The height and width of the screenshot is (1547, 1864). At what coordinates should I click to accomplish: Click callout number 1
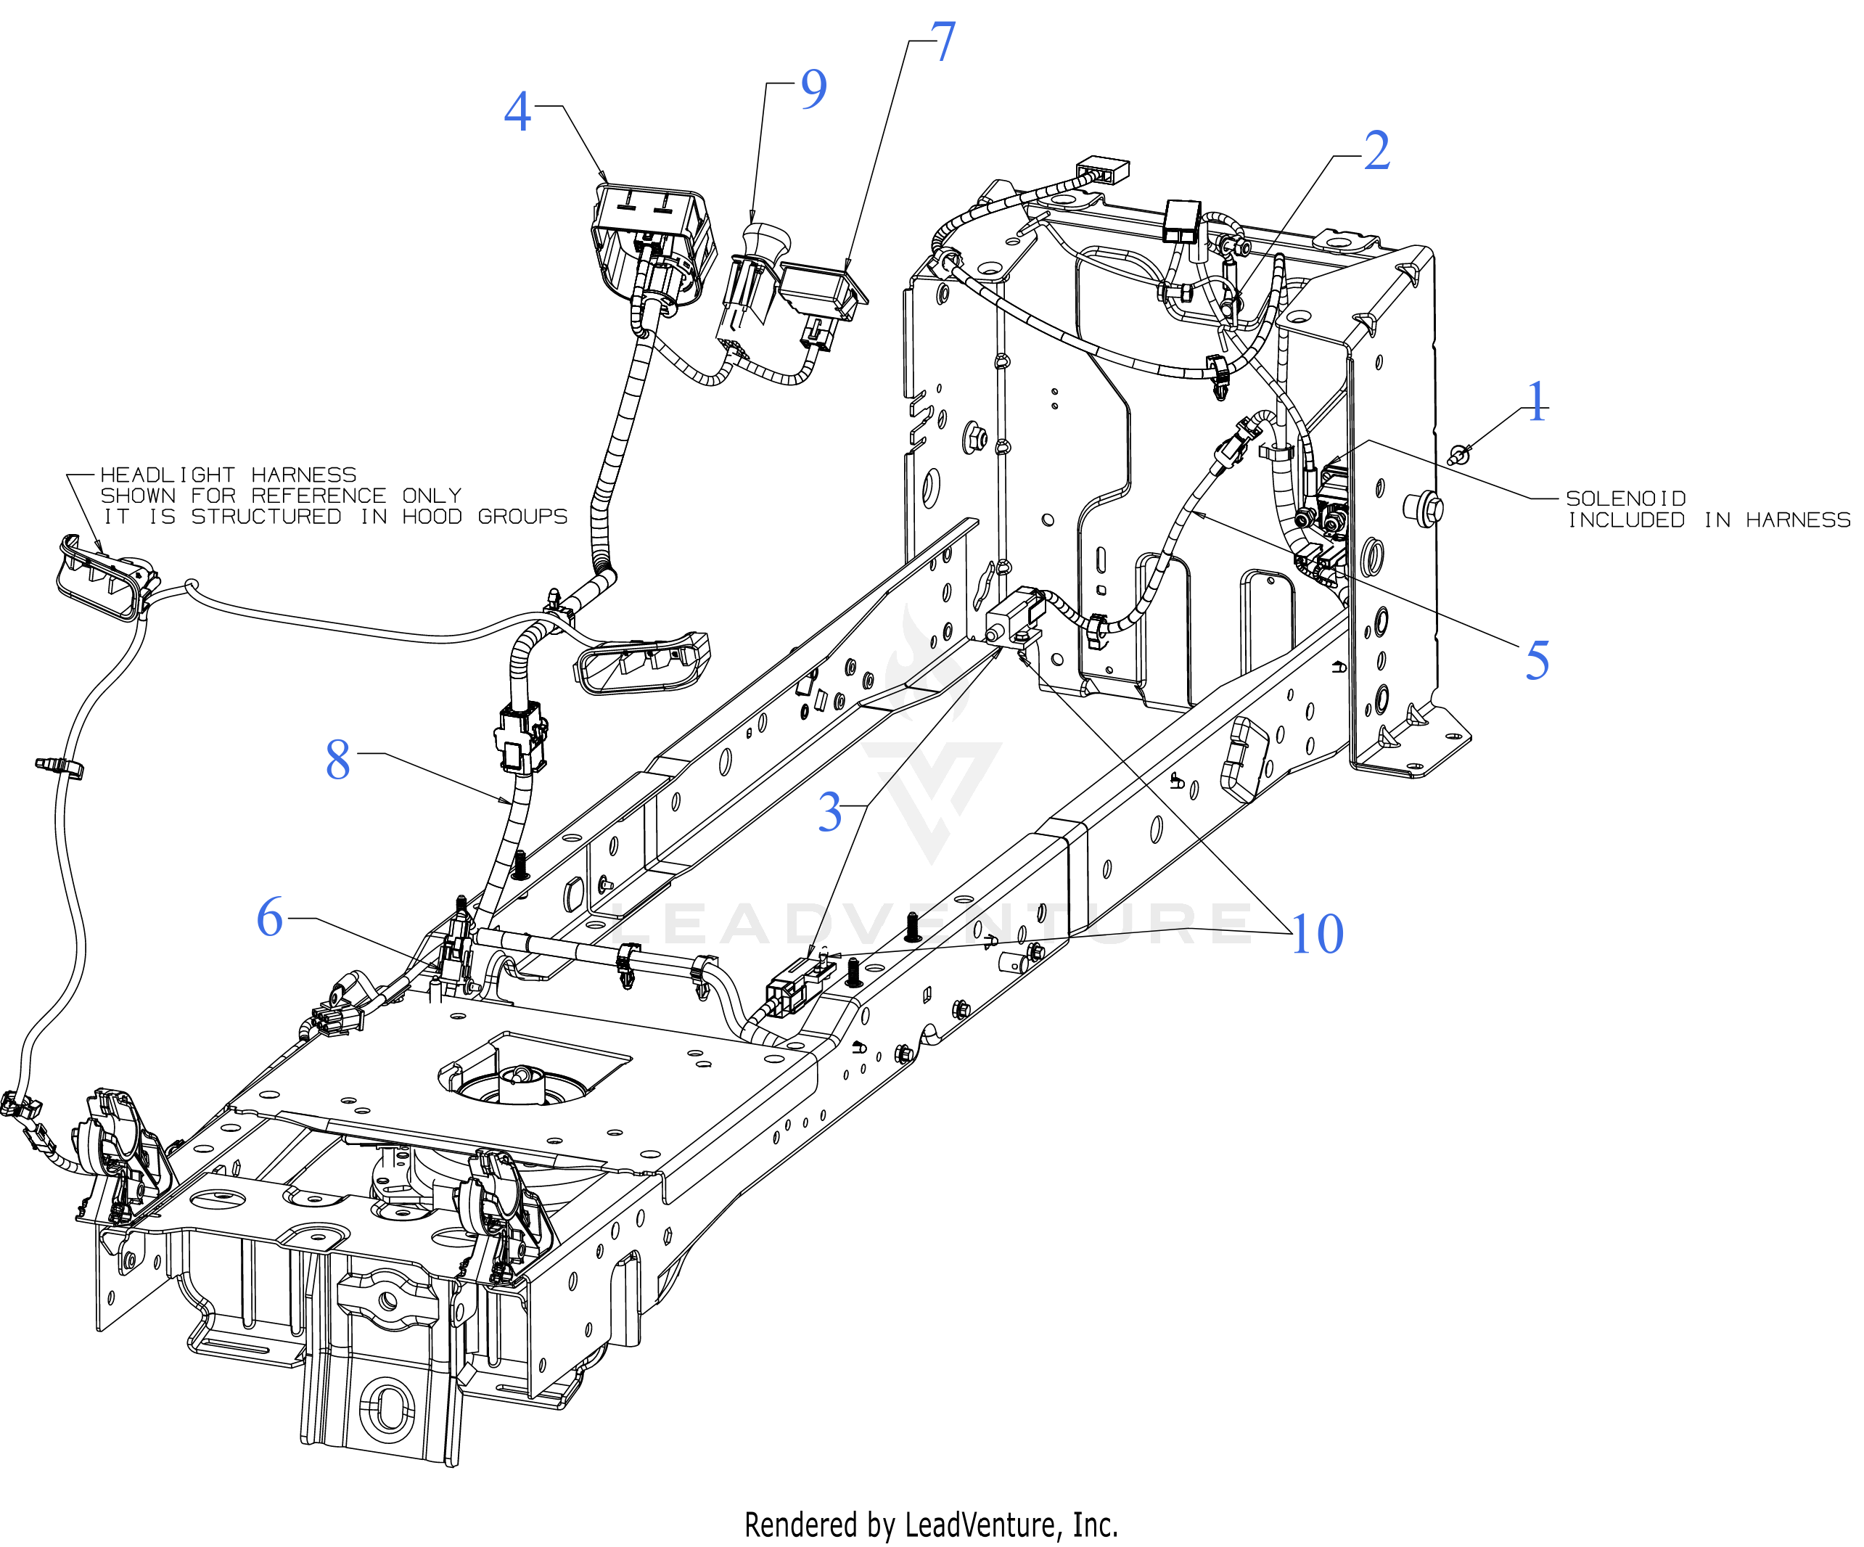tap(1537, 402)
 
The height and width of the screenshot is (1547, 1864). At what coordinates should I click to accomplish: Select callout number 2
tap(1376, 151)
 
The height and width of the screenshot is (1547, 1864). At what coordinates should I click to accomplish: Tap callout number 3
tap(830, 812)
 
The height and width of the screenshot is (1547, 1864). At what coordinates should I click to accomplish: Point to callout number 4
tap(517, 112)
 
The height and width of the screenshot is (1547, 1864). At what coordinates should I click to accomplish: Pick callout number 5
tap(1537, 660)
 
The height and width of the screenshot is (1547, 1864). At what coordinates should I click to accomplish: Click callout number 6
tap(270, 917)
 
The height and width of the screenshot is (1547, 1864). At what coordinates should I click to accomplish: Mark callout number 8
tap(338, 760)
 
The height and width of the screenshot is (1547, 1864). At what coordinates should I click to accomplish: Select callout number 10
tap(1318, 934)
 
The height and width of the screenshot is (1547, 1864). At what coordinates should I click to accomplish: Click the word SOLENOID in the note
tap(1626, 498)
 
